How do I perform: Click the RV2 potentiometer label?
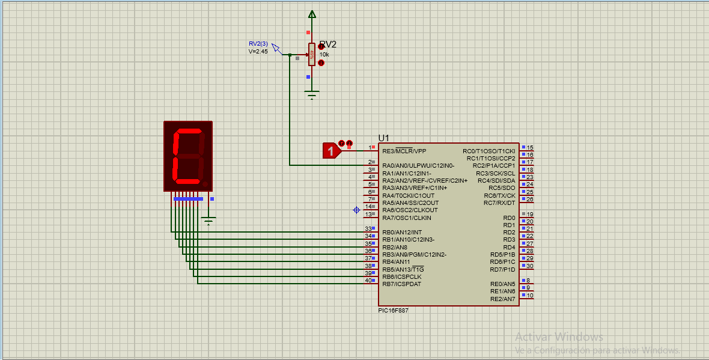pos(328,44)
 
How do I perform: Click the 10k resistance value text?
pos(324,54)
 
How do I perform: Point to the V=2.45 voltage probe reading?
pos(258,52)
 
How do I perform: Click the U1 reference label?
pos(383,138)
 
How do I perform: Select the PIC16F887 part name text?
pos(393,311)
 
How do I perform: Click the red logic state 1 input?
pos(332,151)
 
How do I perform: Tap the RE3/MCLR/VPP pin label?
pos(404,151)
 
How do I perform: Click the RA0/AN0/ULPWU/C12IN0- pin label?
pos(418,165)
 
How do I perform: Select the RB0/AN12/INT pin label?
pos(403,233)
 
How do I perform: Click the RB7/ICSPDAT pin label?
pos(401,284)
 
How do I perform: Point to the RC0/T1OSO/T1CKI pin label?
pos(489,151)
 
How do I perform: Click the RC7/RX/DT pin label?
pos(499,203)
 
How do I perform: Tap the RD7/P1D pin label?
pos(502,269)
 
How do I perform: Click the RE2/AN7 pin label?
pos(503,299)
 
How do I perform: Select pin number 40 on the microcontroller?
pos(368,281)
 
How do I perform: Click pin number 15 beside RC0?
pos(530,147)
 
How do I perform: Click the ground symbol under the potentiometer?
pos(312,94)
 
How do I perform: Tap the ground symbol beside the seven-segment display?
pos(208,221)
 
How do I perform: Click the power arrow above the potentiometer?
pos(312,14)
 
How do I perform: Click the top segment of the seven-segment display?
pos(189,131)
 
